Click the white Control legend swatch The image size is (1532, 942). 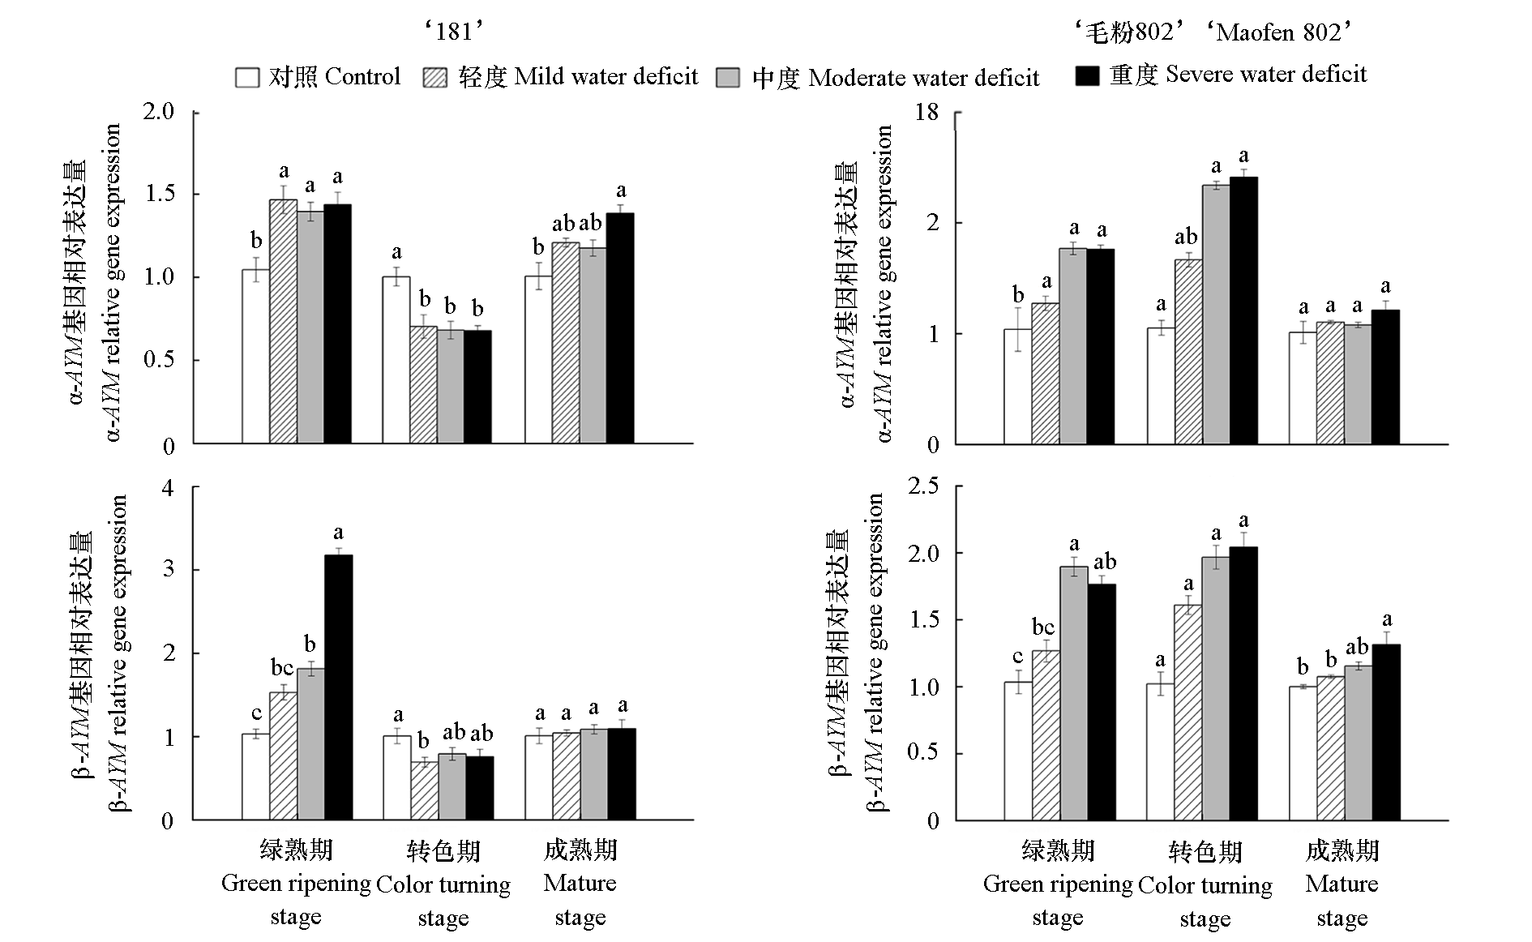coord(247,77)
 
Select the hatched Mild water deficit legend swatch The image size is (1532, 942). coord(435,77)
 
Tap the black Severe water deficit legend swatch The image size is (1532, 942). coord(1086,75)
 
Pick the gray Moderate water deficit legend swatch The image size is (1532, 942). coord(728,78)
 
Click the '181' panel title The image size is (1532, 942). coord(453,32)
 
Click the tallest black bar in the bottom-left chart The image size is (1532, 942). coord(338,687)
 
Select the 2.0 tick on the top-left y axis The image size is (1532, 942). coord(159,111)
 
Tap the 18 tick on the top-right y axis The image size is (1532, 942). coord(926,112)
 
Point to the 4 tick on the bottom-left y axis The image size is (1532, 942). coord(168,488)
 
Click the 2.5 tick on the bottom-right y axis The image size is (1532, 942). coord(923,486)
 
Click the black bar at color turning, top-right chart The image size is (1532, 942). coord(1243,310)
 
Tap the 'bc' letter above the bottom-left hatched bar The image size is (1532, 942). coord(282,668)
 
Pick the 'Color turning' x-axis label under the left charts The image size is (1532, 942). coord(443,884)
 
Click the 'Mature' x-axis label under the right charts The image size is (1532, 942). coord(1342,884)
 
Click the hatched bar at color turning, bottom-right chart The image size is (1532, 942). coord(1188,713)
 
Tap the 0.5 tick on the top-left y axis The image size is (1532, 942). coord(159,359)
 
